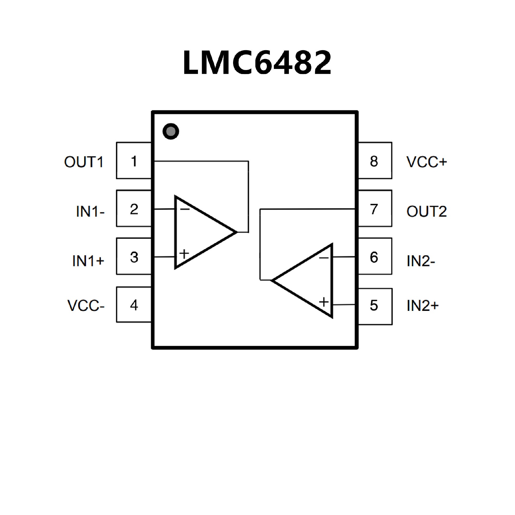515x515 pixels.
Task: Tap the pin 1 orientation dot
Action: (x=171, y=131)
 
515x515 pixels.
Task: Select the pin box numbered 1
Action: (x=134, y=161)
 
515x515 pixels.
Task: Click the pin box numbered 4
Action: (x=134, y=305)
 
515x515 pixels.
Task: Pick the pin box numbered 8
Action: (x=375, y=161)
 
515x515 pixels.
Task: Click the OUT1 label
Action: (x=84, y=162)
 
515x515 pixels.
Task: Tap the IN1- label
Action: (x=90, y=211)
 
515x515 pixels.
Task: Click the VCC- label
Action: (x=86, y=306)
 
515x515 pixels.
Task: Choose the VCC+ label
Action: (x=426, y=162)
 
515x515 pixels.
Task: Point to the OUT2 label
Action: (x=426, y=211)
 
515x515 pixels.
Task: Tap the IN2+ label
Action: (x=422, y=306)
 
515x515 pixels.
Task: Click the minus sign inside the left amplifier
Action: (x=185, y=209)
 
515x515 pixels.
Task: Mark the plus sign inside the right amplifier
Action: (x=324, y=302)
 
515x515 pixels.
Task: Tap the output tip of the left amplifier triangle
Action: (x=237, y=232)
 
